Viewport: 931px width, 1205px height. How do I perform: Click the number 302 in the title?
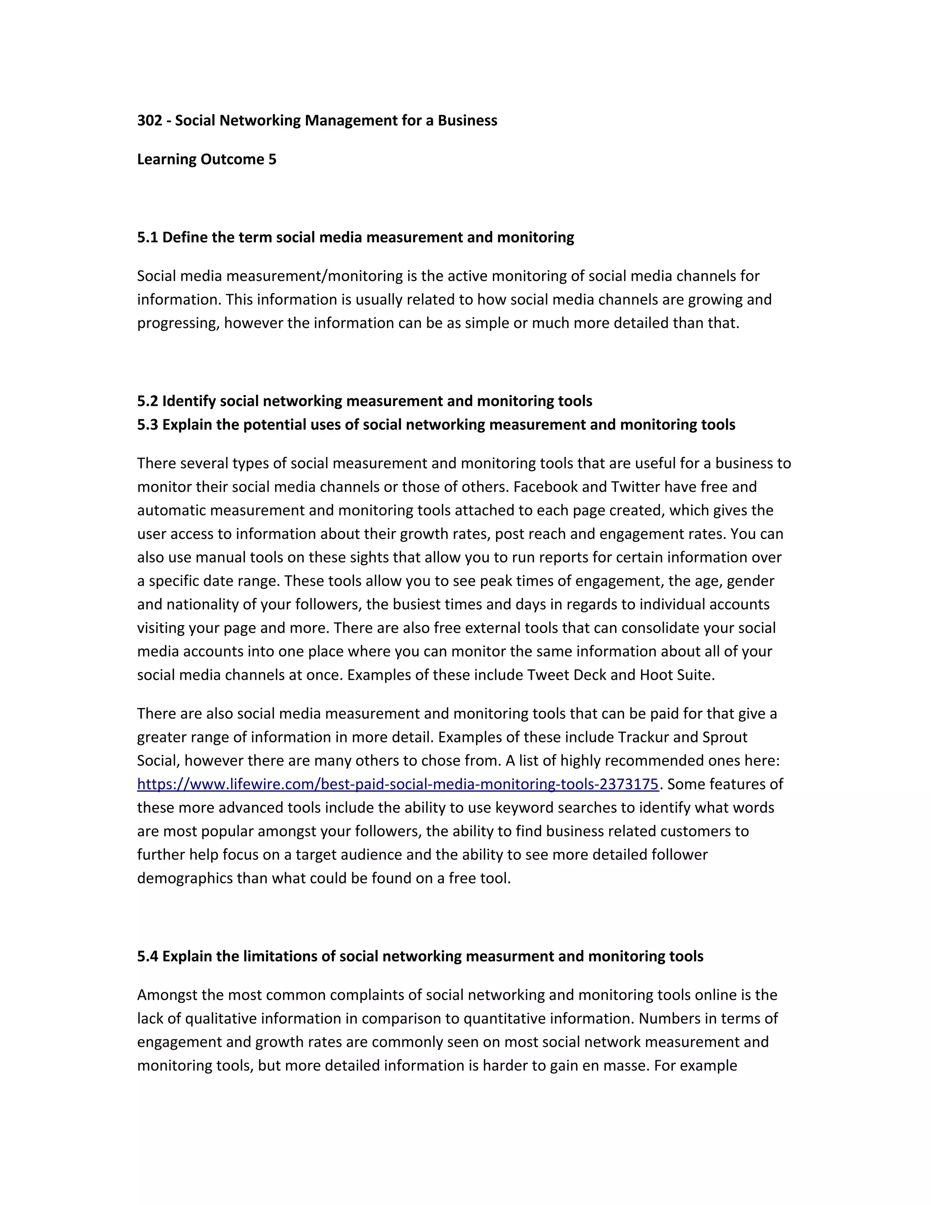click(x=149, y=120)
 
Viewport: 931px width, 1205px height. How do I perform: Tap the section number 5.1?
click(x=147, y=237)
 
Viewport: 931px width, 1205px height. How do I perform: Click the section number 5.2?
click(x=147, y=401)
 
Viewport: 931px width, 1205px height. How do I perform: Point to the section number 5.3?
click(x=147, y=424)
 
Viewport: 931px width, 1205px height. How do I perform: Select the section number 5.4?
click(x=147, y=956)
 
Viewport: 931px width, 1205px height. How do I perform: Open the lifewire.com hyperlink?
click(x=397, y=784)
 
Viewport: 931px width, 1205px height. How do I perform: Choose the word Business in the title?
click(x=467, y=120)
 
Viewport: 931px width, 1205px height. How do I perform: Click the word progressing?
click(x=178, y=323)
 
